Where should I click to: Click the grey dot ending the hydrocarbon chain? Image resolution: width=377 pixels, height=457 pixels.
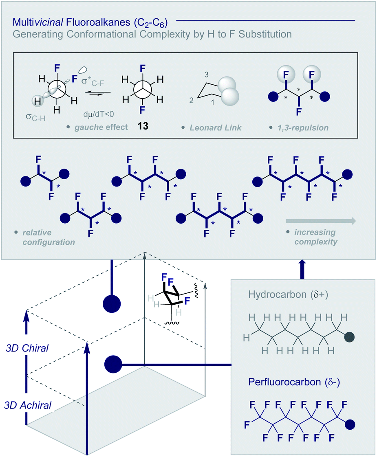[x=349, y=337]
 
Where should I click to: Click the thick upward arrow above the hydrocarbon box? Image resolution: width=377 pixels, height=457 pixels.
[x=302, y=270]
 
